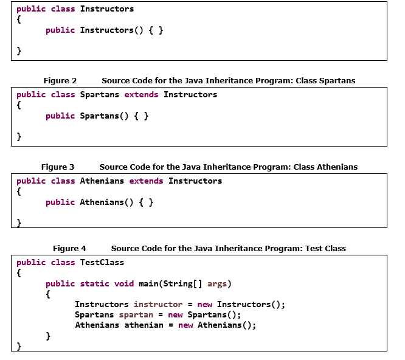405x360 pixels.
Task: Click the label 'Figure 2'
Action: click(60, 80)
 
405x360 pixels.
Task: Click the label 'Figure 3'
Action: click(58, 167)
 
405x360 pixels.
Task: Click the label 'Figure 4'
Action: click(69, 248)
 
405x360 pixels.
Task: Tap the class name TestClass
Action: click(102, 263)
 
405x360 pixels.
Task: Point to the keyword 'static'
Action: click(95, 283)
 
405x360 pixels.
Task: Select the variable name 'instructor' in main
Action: click(158, 304)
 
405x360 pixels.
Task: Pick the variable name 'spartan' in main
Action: click(136, 314)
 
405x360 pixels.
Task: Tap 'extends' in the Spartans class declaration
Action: click(141, 95)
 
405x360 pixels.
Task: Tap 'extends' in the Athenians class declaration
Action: click(146, 181)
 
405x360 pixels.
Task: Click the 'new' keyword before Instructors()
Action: click(205, 304)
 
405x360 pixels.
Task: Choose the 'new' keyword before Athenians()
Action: click(185, 325)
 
